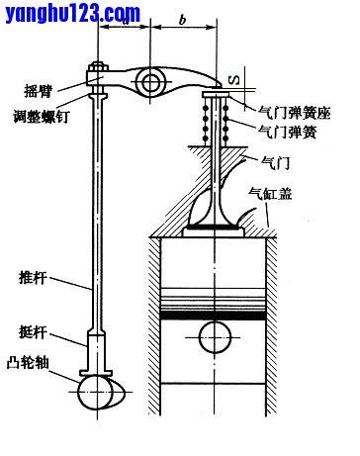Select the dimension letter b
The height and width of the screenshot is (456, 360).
click(183, 19)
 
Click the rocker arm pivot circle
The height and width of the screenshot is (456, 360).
click(152, 80)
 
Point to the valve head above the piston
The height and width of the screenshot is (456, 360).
click(215, 224)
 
